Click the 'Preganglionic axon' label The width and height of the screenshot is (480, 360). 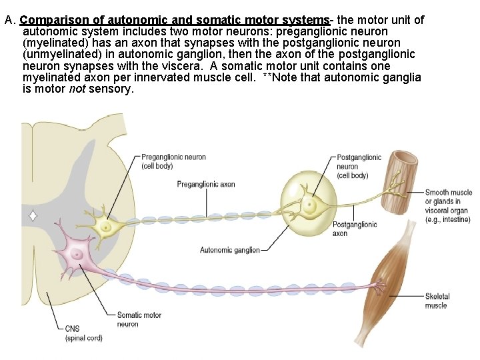click(205, 184)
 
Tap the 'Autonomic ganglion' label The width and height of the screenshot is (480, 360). click(230, 250)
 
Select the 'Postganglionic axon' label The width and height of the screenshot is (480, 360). click(354, 229)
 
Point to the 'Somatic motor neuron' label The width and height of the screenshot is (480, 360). click(139, 319)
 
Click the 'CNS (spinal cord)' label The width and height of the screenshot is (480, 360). click(83, 333)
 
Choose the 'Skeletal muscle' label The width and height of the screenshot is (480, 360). click(437, 301)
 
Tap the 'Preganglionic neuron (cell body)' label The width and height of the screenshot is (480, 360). click(173, 161)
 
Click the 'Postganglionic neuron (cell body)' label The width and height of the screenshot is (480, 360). click(359, 166)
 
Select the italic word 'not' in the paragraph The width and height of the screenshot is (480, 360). click(78, 89)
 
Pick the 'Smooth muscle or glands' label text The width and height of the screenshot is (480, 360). click(448, 197)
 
